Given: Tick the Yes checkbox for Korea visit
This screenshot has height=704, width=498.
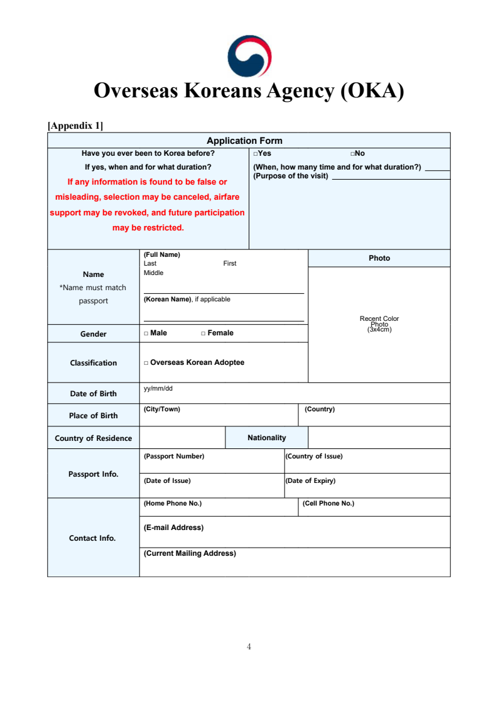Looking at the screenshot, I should tap(256, 154).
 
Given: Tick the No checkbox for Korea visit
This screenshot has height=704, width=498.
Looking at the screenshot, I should tap(353, 154).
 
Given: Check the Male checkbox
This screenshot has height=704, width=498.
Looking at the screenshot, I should tap(146, 333).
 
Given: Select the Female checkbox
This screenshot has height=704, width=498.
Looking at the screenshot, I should tap(203, 333).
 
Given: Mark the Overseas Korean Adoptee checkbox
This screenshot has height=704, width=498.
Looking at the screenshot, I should tap(146, 363).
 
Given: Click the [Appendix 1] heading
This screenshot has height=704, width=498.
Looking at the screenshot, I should tap(75, 126).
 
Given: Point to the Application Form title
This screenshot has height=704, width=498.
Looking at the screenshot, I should tap(244, 141).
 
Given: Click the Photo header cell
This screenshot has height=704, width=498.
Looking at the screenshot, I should tap(379, 258).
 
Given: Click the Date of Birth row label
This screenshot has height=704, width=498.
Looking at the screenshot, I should tap(93, 394).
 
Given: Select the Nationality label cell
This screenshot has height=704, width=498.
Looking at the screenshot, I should tap(266, 438).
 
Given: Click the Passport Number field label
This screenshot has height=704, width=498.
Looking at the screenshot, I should tap(174, 456).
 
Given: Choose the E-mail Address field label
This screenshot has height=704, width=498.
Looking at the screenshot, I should tap(173, 528).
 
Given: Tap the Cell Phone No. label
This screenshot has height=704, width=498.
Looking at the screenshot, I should tap(328, 503).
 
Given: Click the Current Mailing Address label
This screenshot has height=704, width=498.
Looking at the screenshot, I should tap(190, 553).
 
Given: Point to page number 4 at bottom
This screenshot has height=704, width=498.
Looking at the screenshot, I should tap(249, 646).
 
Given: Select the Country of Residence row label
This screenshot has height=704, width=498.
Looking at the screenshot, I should tap(93, 438).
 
